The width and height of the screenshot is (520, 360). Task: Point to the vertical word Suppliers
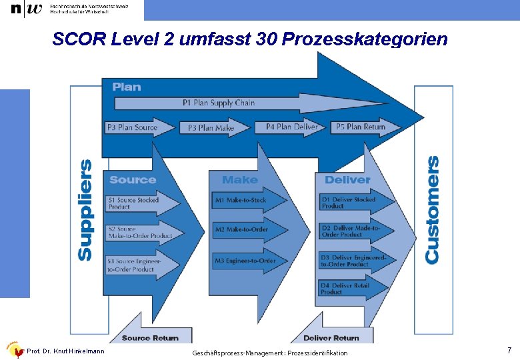[x=85, y=209]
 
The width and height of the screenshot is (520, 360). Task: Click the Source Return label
[x=150, y=338]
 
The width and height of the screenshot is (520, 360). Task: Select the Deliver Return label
[x=331, y=338]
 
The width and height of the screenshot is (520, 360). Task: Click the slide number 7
[x=509, y=350]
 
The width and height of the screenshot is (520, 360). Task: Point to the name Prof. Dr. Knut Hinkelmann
[x=65, y=351]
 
